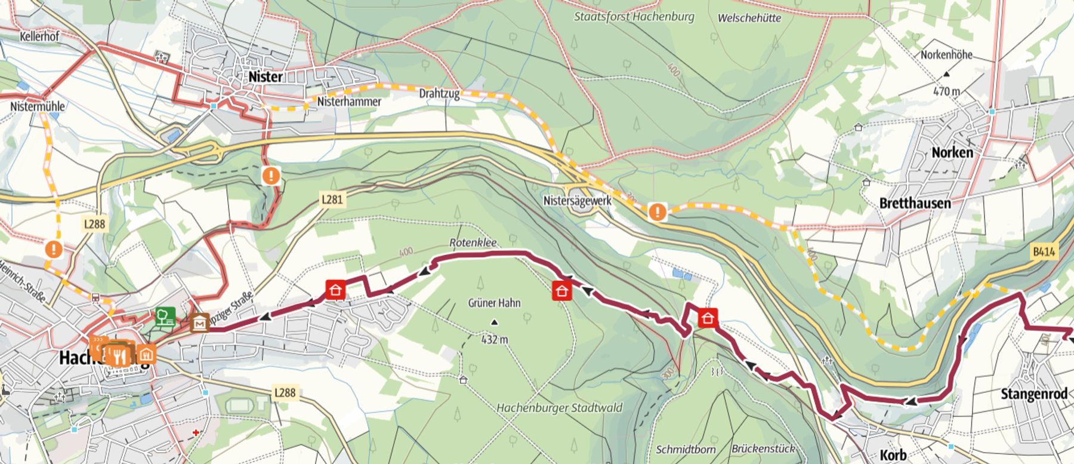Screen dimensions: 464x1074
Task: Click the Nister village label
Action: coord(266,77)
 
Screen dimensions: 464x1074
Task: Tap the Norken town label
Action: coord(952,153)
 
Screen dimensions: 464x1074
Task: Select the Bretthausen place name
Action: coord(915,204)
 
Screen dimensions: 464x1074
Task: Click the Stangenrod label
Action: coord(1033,394)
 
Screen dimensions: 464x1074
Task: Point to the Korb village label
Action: coord(893,455)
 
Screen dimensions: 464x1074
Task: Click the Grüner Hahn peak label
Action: coord(494,303)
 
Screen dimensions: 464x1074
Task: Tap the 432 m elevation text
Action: coord(495,340)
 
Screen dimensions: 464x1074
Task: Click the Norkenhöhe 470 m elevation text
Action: coord(946,91)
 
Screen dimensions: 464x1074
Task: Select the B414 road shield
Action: coord(1044,252)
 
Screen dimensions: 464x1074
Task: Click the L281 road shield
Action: coord(332,199)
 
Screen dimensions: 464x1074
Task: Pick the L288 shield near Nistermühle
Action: coord(94,224)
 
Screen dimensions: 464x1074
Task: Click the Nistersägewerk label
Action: coord(577,201)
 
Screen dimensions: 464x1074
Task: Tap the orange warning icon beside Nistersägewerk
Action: coord(658,211)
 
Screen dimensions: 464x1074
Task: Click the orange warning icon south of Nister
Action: coord(271,176)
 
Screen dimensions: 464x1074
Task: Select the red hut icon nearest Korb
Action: coord(708,318)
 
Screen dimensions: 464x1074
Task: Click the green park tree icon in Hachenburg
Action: coord(165,316)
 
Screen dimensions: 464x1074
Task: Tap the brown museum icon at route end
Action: coord(199,323)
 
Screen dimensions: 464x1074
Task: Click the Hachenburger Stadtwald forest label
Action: coord(559,408)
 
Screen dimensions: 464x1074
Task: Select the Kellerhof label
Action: coord(39,36)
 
